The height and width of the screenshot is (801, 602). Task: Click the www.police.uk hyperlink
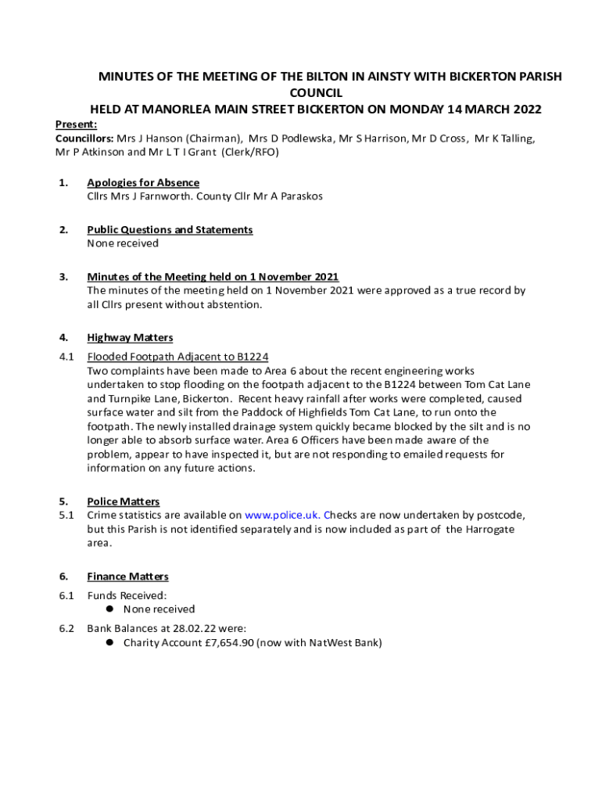coord(281,515)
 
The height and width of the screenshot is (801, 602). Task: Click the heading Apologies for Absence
coord(143,183)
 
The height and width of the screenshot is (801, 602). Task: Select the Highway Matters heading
coord(130,338)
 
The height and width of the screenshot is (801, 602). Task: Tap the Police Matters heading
coord(124,501)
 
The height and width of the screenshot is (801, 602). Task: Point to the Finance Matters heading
coord(127,577)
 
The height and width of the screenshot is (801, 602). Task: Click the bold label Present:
coord(76,124)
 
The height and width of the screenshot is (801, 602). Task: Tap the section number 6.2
coord(66,628)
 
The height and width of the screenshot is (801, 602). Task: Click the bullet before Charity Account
coord(110,643)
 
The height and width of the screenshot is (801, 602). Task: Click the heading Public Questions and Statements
coord(170,230)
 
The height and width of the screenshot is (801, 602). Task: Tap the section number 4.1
coord(66,357)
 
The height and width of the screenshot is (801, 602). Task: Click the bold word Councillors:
coord(84,138)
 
